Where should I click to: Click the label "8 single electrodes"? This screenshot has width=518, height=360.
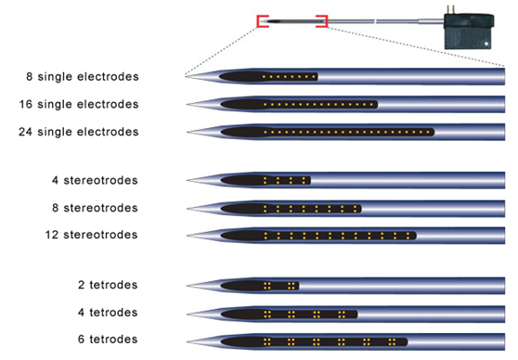[83, 77]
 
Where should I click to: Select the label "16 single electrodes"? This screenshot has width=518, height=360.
[79, 104]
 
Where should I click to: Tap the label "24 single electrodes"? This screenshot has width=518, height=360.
[79, 132]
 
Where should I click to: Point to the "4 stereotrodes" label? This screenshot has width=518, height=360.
[95, 180]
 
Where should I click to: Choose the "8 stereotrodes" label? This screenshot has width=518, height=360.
[95, 208]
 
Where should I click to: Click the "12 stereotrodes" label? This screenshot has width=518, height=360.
[91, 235]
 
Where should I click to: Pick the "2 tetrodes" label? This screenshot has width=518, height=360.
[108, 285]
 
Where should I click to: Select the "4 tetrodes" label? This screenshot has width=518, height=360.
[108, 312]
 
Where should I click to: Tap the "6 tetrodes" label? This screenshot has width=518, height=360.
[108, 340]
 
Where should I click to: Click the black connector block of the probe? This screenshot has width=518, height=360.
[468, 32]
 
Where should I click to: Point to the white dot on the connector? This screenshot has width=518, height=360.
[486, 44]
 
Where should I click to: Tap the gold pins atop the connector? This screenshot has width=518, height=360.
[450, 10]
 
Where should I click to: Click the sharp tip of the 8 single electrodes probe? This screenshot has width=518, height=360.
[186, 77]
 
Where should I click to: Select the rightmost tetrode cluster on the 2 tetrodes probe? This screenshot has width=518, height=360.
[291, 286]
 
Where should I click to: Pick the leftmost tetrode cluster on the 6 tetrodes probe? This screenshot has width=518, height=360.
[267, 341]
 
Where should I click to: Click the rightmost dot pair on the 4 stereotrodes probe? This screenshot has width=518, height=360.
[304, 180]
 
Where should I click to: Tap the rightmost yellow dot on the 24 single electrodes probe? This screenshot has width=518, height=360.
[428, 133]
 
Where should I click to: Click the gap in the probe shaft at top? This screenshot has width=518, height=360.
[375, 21]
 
